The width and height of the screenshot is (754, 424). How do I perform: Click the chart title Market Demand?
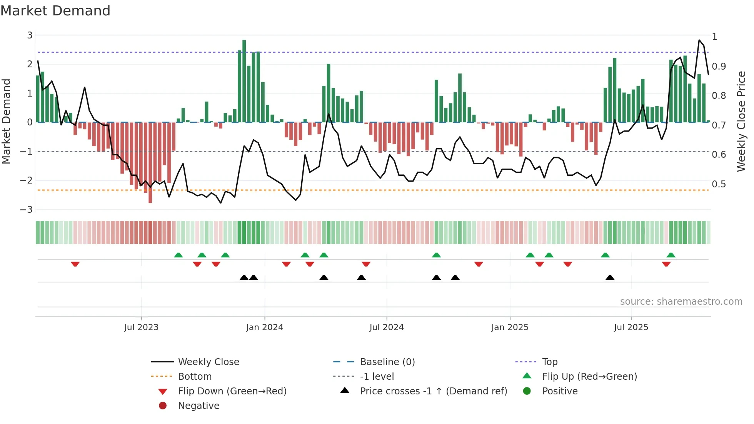(55, 11)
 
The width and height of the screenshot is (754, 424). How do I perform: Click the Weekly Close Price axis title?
(741, 121)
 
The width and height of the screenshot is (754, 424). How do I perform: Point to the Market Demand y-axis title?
(7, 121)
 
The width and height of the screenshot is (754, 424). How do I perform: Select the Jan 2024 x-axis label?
(264, 327)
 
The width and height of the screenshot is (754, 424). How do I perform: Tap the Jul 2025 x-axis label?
(631, 327)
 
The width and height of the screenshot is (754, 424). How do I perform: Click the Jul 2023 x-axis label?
(141, 327)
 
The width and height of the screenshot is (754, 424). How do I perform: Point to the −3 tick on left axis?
(27, 210)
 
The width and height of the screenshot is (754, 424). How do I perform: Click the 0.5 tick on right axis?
(719, 184)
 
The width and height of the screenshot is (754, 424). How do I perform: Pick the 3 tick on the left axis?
(30, 35)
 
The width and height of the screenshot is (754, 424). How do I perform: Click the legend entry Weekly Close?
(208, 362)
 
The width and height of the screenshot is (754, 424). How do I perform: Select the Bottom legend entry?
(195, 377)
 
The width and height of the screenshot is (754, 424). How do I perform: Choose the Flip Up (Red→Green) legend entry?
(589, 377)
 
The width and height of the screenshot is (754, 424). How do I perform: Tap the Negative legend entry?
(199, 406)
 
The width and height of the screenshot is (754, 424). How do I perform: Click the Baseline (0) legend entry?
(387, 362)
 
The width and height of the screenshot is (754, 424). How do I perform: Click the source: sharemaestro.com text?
(681, 302)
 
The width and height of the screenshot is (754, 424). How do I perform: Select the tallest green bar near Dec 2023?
(244, 81)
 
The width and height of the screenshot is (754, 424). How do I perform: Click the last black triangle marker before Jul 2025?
(610, 277)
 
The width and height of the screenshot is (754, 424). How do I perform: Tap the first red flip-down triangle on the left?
(75, 264)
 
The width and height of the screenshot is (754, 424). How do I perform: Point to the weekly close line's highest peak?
(699, 40)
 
